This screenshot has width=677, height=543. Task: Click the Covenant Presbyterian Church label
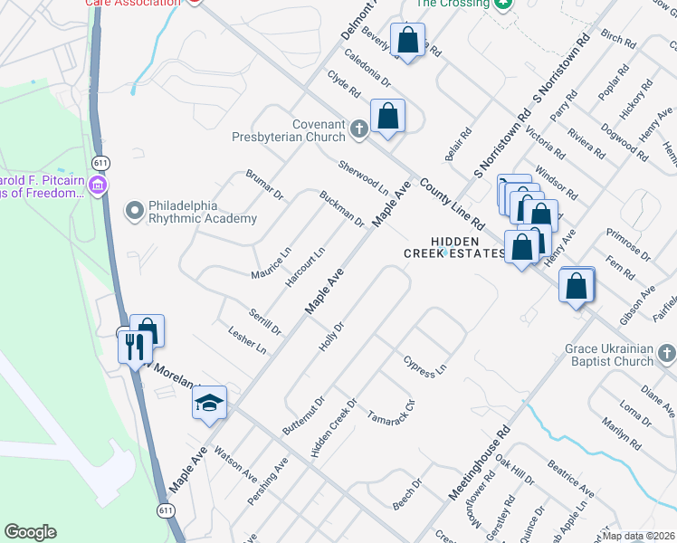point(319,130)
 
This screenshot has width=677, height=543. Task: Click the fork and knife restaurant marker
point(132,345)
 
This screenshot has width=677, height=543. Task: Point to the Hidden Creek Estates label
point(454,247)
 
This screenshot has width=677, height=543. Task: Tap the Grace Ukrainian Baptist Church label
point(608,355)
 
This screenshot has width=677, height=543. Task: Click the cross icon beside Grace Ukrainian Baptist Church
point(666,350)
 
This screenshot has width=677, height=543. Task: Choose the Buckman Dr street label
point(341,208)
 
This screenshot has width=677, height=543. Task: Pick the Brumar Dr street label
point(265,184)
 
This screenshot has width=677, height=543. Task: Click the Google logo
point(30,532)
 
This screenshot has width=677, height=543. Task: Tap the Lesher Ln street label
point(247,341)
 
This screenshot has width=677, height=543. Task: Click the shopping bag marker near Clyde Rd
point(387,118)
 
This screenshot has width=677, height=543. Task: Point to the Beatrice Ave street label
point(571,479)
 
